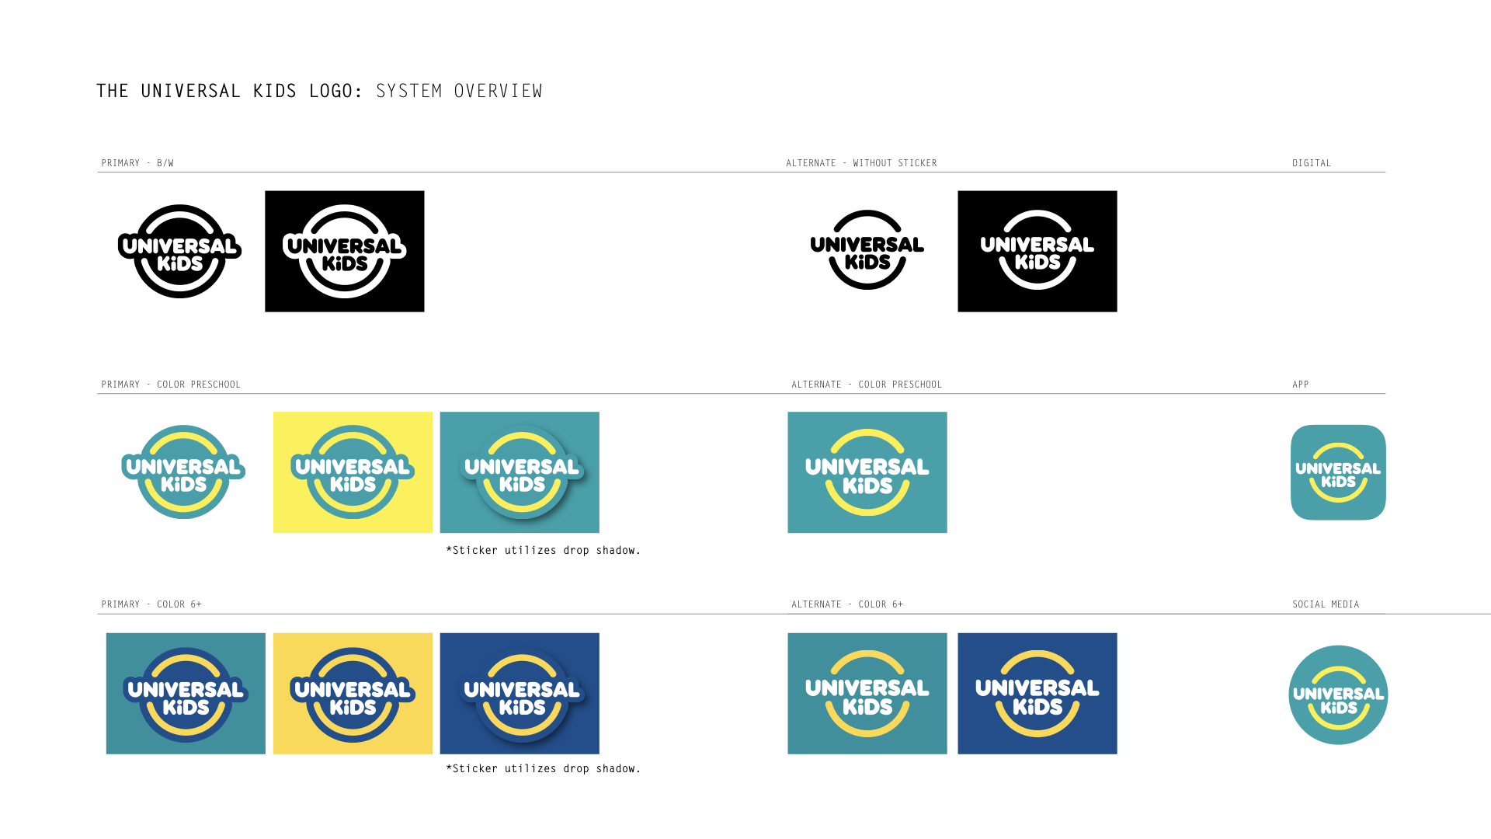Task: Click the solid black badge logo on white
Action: pyautogui.click(x=180, y=252)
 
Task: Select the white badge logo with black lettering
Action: pyautogui.click(x=344, y=252)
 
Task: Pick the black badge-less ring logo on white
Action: pyautogui.click(x=867, y=250)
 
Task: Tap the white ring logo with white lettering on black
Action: pyautogui.click(x=1037, y=250)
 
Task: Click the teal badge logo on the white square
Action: pyautogui.click(x=183, y=473)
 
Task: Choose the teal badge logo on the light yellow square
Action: pyautogui.click(x=353, y=473)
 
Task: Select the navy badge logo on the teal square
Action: pyautogui.click(x=186, y=695)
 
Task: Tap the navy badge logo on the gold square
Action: pyautogui.click(x=353, y=695)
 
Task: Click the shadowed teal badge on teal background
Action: pyautogui.click(x=522, y=473)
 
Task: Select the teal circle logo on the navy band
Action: pyautogui.click(x=1338, y=696)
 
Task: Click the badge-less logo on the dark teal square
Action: pyautogui.click(x=867, y=695)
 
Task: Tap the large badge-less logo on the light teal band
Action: pyautogui.click(x=867, y=473)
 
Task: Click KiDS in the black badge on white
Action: pyautogui.click(x=180, y=264)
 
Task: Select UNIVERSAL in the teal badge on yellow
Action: pyautogui.click(x=353, y=467)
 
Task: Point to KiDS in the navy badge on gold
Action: pyautogui.click(x=353, y=708)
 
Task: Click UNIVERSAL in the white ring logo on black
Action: pyautogui.click(x=1037, y=245)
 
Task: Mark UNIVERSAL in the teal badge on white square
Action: pyautogui.click(x=183, y=467)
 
